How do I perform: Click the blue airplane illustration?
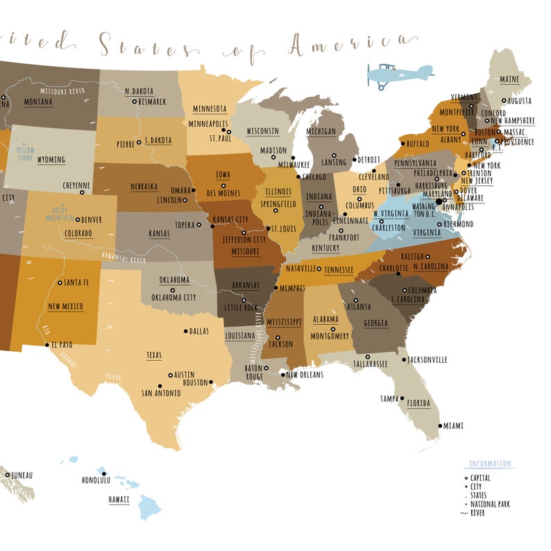(x=399, y=74)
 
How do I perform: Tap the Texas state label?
(x=154, y=355)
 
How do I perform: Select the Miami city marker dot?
(x=439, y=426)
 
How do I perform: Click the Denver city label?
(x=92, y=220)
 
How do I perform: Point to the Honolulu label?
(x=96, y=480)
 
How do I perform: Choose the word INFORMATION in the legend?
(x=490, y=464)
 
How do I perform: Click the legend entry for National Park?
(x=490, y=504)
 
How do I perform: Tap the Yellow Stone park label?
(x=26, y=153)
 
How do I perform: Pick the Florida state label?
(x=418, y=403)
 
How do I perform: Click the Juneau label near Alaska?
(x=22, y=475)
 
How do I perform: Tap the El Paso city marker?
(x=48, y=344)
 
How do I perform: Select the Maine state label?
(x=509, y=80)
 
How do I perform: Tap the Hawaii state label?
(x=118, y=500)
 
